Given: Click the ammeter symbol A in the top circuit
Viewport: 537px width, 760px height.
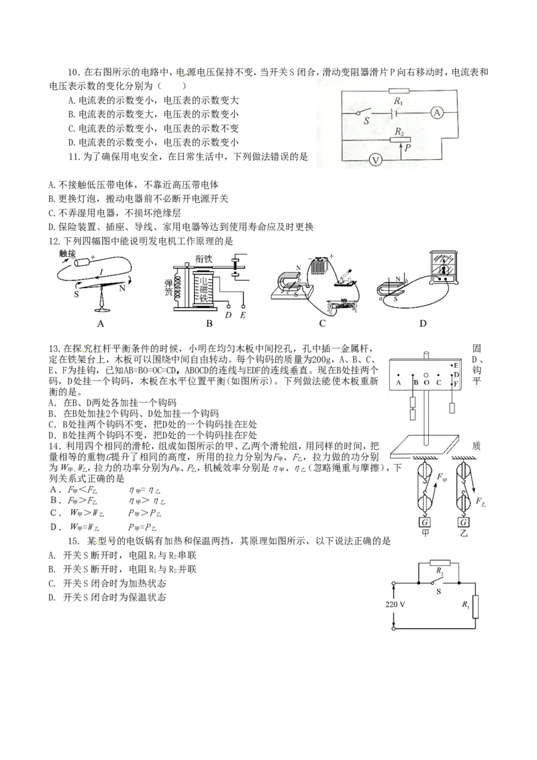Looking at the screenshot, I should [437, 114].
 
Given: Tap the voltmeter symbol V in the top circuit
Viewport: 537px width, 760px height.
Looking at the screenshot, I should [377, 160].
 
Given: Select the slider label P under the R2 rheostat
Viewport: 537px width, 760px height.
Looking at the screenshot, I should [408, 147].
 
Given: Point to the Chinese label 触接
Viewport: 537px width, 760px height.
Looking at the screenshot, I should [68, 253].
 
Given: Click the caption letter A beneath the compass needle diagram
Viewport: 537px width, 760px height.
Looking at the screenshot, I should [101, 323].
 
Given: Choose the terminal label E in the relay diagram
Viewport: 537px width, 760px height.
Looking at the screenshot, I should [242, 314].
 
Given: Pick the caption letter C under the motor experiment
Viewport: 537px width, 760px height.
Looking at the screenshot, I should [322, 323].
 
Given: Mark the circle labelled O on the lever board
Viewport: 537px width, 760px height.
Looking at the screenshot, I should [426, 374].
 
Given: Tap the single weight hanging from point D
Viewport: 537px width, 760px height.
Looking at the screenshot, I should [453, 408].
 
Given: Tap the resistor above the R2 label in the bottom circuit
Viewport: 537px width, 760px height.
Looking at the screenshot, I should [439, 563].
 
